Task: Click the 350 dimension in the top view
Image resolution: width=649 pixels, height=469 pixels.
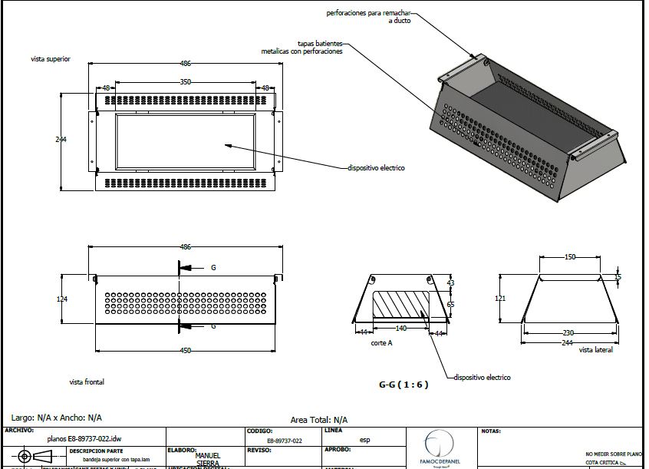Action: (186, 81)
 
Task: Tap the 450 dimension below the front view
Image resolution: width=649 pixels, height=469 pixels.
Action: (185, 350)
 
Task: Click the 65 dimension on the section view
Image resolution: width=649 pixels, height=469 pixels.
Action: (450, 305)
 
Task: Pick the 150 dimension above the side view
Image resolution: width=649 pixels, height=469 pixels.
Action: (569, 257)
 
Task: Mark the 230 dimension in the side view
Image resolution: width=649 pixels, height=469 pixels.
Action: (568, 332)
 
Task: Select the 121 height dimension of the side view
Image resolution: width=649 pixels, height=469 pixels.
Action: (499, 298)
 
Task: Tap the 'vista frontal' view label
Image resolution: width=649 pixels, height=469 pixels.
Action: (87, 381)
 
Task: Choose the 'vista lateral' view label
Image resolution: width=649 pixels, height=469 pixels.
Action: (596, 349)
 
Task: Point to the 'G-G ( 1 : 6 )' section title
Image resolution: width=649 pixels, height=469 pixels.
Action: (404, 384)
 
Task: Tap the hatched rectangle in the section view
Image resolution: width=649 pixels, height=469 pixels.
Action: (400, 304)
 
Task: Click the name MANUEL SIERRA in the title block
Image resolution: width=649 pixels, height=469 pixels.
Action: (208, 459)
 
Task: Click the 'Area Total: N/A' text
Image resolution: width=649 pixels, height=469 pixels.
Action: (319, 420)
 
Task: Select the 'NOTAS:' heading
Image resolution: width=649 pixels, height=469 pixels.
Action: (491, 431)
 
